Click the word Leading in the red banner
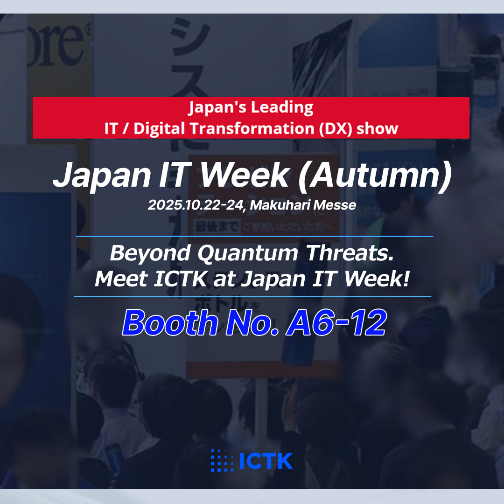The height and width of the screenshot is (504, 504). tap(282, 108)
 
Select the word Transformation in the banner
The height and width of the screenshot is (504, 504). tap(251, 128)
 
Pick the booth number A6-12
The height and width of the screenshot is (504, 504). tap(336, 322)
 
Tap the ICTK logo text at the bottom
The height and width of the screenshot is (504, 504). tap(266, 461)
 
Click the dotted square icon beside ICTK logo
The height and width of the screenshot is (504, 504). tap(222, 461)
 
